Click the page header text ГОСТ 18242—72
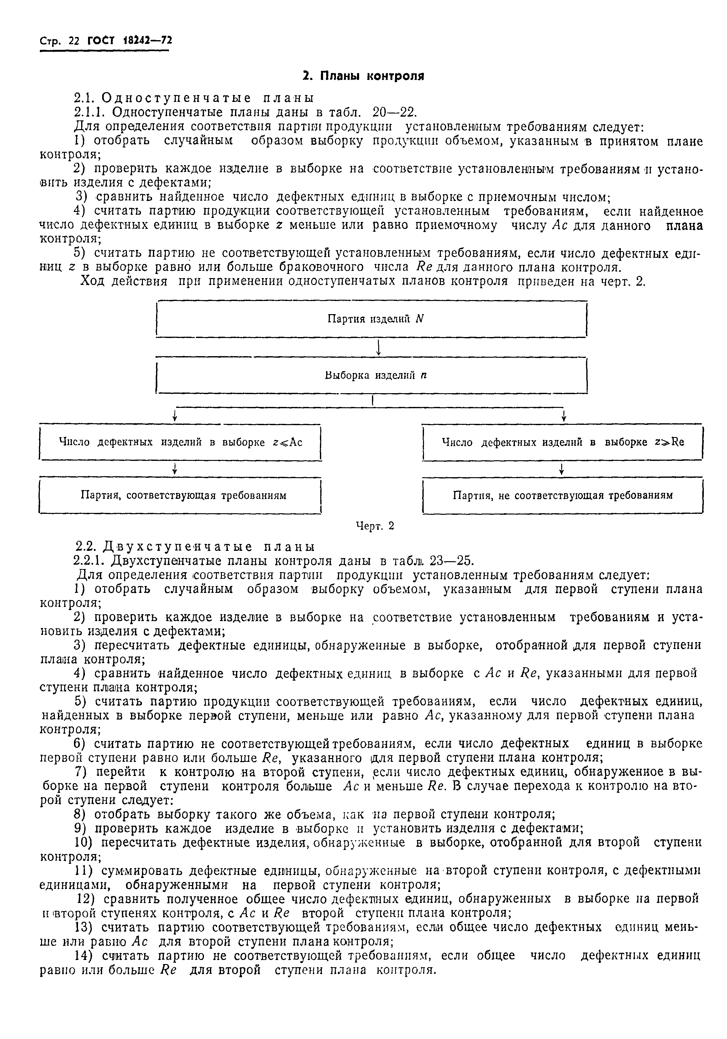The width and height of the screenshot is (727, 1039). tap(129, 41)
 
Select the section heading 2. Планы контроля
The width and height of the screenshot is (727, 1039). tap(363, 76)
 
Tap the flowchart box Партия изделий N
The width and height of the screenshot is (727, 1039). tap(371, 319)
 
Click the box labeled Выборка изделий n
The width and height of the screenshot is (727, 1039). tap(371, 376)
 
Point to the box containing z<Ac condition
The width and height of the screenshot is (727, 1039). tap(180, 443)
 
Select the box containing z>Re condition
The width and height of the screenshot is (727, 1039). tap(562, 443)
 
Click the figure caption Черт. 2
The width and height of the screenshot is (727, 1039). tap(375, 526)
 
